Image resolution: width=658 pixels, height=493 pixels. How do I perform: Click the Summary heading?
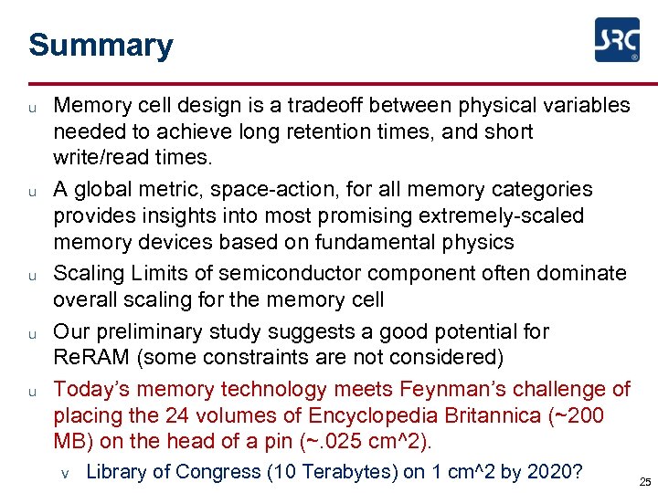(x=101, y=45)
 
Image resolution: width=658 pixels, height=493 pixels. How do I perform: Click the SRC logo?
(x=617, y=40)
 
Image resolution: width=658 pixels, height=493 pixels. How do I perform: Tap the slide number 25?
(x=645, y=482)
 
